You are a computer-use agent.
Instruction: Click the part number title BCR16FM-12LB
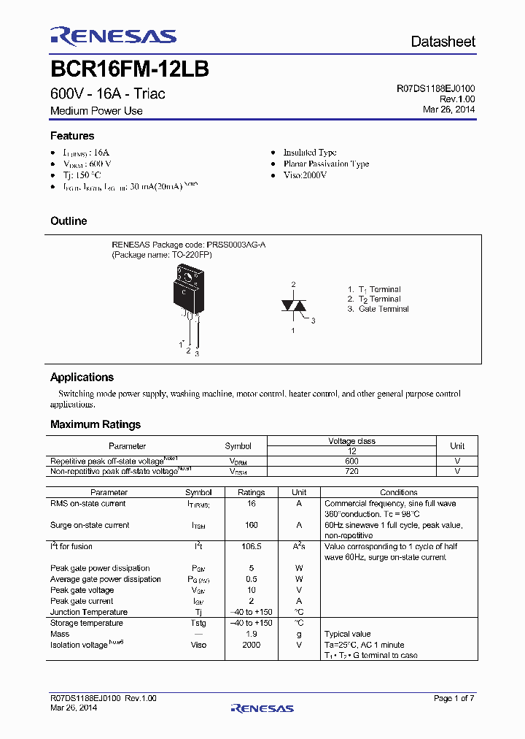[x=130, y=69]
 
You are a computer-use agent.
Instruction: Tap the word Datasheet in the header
[x=443, y=42]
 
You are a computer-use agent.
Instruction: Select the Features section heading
[x=72, y=136]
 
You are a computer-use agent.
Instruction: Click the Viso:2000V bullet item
[x=305, y=175]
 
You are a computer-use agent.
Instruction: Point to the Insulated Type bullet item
[x=310, y=152]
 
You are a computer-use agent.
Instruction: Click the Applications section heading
[x=82, y=378]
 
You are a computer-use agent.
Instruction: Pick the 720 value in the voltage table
[x=351, y=472]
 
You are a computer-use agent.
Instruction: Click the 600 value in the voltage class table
[x=351, y=462]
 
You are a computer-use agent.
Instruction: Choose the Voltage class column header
[x=351, y=441]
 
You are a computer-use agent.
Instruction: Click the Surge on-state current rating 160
[x=252, y=525]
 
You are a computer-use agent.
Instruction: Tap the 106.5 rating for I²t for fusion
[x=252, y=546]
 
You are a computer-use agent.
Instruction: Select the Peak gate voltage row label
[x=82, y=590]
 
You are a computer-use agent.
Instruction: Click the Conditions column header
[x=399, y=493]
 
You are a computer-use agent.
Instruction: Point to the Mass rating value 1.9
[x=252, y=634]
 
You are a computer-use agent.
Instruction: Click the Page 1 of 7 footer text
[x=454, y=699]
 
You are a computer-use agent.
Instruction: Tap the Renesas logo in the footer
[x=262, y=708]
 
